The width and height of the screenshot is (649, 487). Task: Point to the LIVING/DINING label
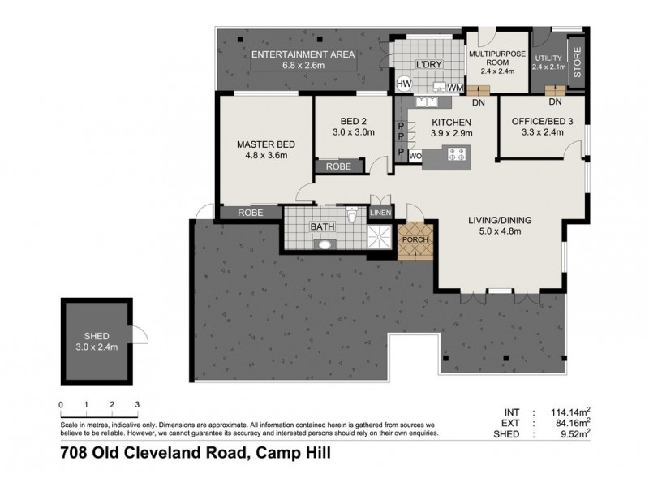tap(498, 225)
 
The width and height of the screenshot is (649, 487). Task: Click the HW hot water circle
tap(404, 84)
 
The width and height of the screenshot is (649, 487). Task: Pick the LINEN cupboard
tap(380, 213)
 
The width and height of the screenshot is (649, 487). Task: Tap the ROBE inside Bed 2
tap(337, 166)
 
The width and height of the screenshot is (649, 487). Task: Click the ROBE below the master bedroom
tap(249, 213)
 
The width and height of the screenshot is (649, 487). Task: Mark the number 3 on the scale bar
tap(137, 404)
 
